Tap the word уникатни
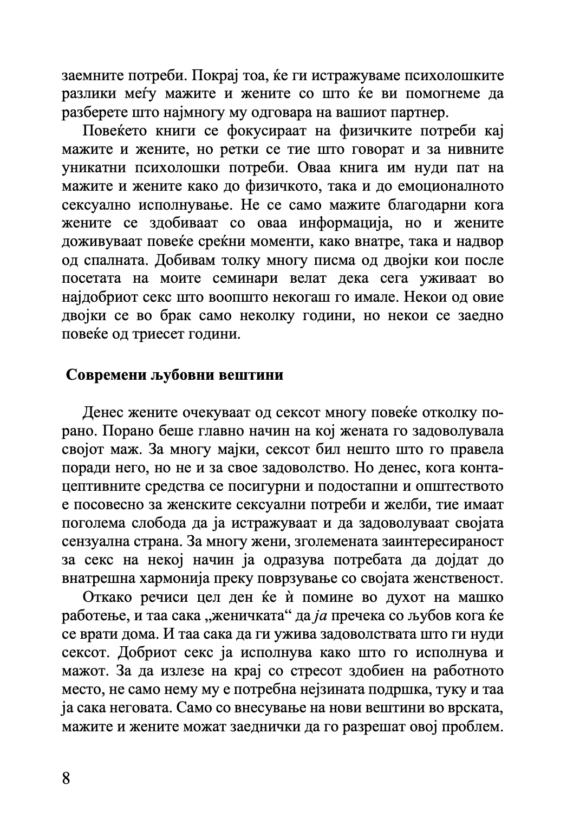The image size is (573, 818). tap(93, 168)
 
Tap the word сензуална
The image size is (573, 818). tap(93, 541)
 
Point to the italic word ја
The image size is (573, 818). tap(314, 615)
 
